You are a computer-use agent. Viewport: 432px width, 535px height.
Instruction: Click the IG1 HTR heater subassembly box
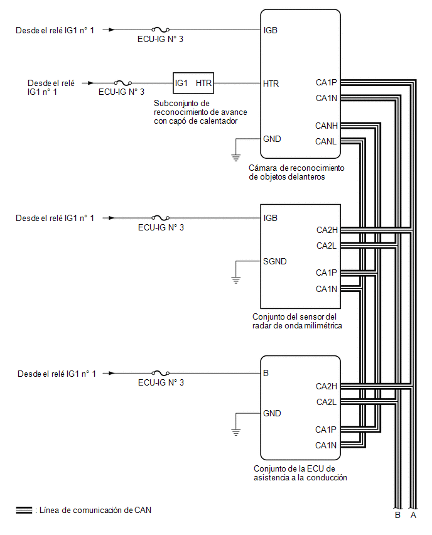[x=193, y=83]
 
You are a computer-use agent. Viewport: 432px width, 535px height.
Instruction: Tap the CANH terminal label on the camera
[x=327, y=126]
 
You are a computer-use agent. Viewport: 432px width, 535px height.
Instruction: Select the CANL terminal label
[x=325, y=141]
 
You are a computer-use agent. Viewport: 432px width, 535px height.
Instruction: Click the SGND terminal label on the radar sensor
[x=274, y=261]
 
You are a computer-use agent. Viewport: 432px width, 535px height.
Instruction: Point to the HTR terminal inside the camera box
[x=271, y=84]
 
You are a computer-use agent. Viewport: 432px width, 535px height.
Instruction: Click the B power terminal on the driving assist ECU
[x=266, y=373]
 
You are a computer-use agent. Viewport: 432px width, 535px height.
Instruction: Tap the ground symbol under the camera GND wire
[x=236, y=157]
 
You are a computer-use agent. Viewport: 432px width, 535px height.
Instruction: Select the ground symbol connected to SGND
[x=236, y=280]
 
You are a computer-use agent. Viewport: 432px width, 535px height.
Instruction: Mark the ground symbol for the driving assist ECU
[x=236, y=431]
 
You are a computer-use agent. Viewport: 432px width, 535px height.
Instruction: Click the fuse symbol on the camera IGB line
[x=160, y=30]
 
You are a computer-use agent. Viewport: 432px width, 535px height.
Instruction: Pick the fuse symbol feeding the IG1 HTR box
[x=123, y=82]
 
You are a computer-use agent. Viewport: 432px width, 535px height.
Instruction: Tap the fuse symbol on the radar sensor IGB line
[x=160, y=218]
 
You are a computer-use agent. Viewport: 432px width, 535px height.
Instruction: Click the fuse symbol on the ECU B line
[x=160, y=373]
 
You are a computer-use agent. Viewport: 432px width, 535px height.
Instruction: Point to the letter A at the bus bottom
[x=413, y=515]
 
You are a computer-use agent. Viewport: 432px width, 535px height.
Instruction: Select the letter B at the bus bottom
[x=397, y=515]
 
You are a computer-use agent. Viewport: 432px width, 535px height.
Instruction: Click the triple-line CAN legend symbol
[x=24, y=510]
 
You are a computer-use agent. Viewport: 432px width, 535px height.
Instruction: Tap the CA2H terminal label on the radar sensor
[x=327, y=230]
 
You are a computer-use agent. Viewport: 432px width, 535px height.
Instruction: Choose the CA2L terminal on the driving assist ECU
[x=327, y=402]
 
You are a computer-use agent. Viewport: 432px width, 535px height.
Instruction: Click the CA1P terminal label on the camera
[x=327, y=82]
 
